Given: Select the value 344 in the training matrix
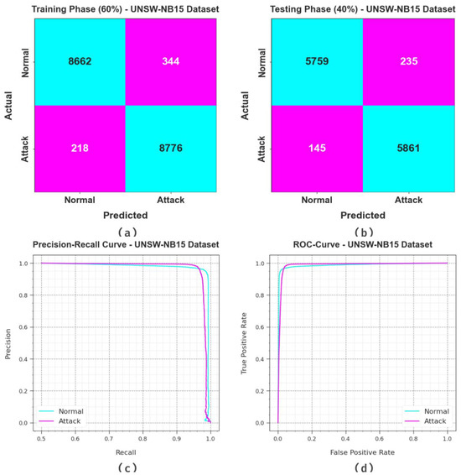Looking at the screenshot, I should pos(173,61).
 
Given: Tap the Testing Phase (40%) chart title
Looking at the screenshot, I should pos(363,8).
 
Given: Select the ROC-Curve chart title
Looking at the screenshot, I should pos(363,244).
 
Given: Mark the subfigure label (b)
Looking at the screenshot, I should pos(363,229).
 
